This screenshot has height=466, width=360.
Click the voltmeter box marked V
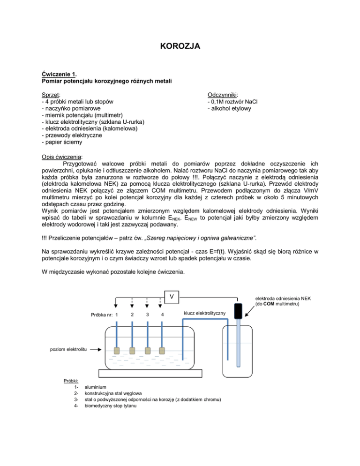(172, 297)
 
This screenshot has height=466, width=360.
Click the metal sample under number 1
(117, 350)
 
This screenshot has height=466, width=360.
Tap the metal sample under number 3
(147, 350)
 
